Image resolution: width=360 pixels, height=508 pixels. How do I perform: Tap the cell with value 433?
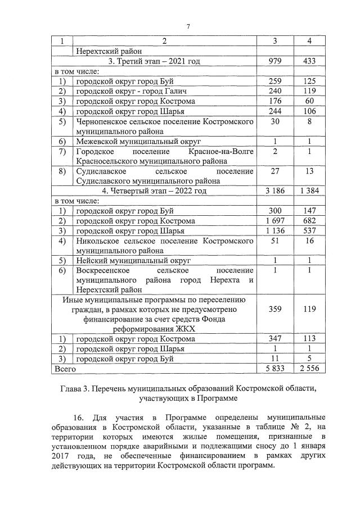click(310, 61)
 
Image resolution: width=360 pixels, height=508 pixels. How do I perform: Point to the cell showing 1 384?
click(310, 191)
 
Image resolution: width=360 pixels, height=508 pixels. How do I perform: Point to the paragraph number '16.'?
click(80, 419)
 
